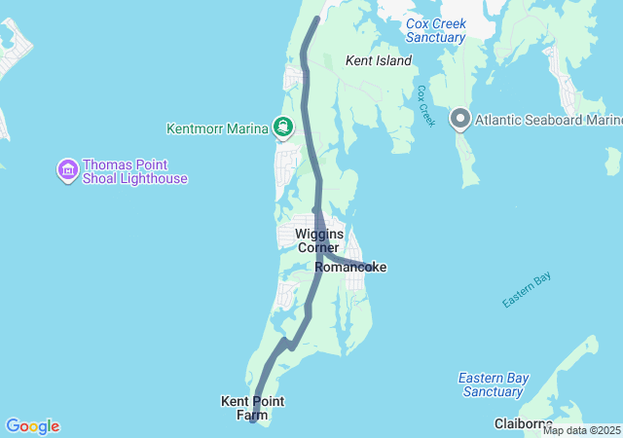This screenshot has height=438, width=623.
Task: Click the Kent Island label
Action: coord(379,60)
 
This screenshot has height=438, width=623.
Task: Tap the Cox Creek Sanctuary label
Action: coord(436,30)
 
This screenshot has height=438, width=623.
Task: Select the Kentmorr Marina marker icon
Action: coord(283,127)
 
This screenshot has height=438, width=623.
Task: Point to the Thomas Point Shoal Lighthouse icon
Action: coord(67,171)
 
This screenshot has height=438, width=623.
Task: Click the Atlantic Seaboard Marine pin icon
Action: coord(460,121)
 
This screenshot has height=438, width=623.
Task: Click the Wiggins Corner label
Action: coord(318,240)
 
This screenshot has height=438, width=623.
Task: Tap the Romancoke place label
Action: coord(350,267)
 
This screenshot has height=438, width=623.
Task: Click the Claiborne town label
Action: coord(523,423)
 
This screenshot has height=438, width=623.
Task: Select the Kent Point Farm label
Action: coord(251,408)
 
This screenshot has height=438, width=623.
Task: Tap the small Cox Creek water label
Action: coord(424,105)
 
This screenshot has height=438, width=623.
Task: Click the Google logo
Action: coord(32,426)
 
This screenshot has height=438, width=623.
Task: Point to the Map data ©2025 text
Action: coord(581,430)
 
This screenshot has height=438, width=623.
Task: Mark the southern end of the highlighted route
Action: coord(252,420)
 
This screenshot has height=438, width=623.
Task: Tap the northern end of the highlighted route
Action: coord(317,18)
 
